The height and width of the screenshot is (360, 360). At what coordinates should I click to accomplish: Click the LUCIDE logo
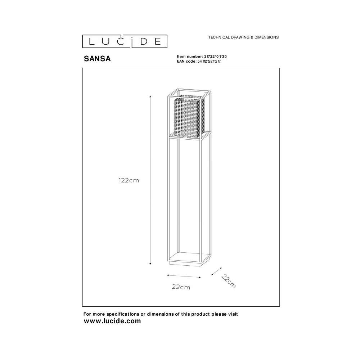125,41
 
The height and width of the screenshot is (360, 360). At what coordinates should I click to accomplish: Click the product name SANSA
97,59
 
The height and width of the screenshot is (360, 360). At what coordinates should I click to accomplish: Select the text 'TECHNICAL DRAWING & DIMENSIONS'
243,37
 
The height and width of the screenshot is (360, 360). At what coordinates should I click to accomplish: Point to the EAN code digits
209,61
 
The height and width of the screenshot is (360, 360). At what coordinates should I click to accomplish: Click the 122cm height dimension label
129,180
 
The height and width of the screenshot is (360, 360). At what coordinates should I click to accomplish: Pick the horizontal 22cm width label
181,287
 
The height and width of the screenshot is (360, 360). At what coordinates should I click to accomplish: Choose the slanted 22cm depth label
229,281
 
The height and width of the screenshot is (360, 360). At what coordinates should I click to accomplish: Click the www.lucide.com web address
112,321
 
